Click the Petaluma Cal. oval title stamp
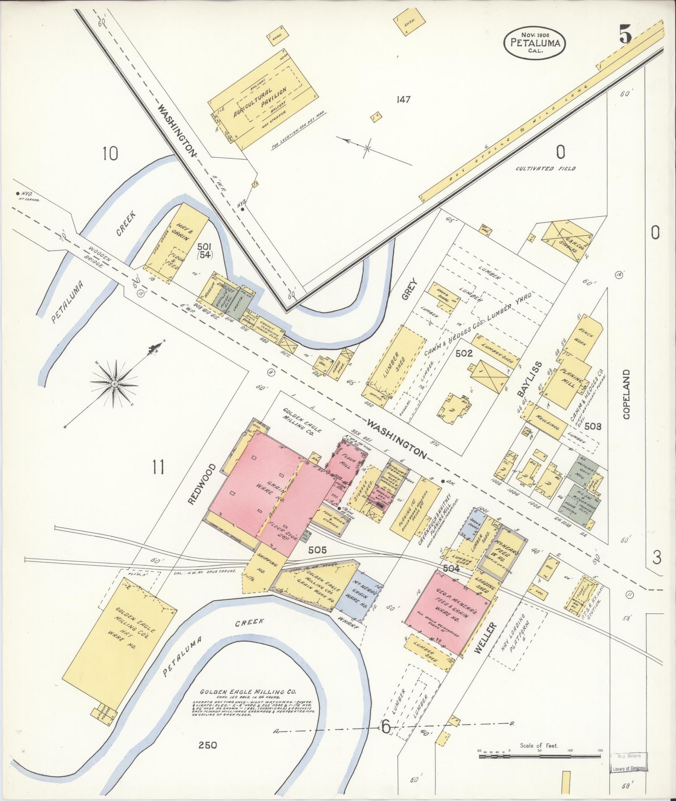535,42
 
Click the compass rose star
114,383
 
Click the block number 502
464,353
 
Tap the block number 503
593,426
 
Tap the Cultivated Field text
546,168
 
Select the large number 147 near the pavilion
402,100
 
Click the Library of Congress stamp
627,768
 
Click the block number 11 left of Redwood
158,467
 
